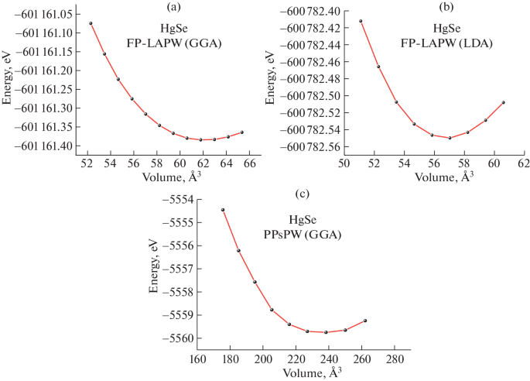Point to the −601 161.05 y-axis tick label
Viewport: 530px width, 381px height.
click(x=48, y=14)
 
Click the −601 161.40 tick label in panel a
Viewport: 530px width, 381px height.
click(x=48, y=146)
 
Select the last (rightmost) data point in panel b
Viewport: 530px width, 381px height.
click(x=503, y=102)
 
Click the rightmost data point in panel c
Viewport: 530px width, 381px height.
click(x=365, y=321)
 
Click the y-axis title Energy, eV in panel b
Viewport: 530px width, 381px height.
click(x=271, y=77)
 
